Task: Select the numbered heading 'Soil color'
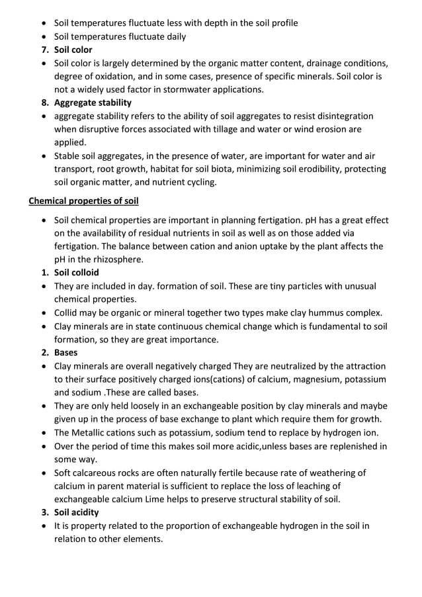tap(73, 50)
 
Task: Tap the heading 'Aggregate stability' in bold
tap(93, 103)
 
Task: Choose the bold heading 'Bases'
tap(66, 353)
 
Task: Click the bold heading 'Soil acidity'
tap(77, 512)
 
